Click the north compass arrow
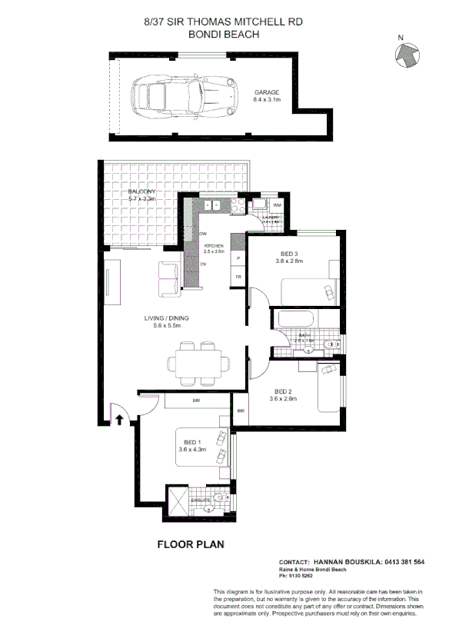pyautogui.click(x=405, y=54)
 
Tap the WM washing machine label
pyautogui.click(x=277, y=206)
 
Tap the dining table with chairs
pyautogui.click(x=197, y=361)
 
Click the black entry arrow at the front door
pyautogui.click(x=119, y=419)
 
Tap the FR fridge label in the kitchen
pyautogui.click(x=238, y=276)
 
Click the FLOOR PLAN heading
pyautogui.click(x=190, y=544)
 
